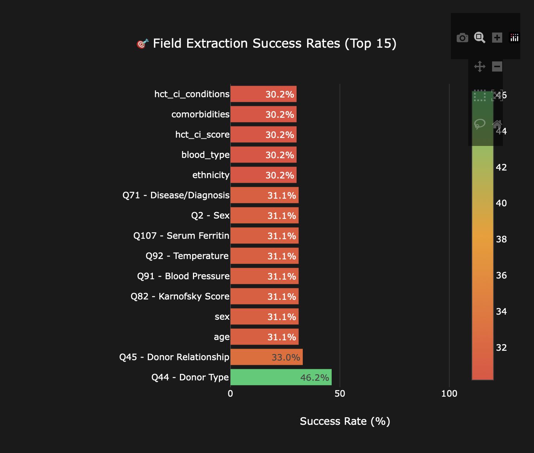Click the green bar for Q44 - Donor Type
point(281,377)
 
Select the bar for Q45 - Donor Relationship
point(266,357)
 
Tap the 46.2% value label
point(314,378)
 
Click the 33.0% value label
point(285,358)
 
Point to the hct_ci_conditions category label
point(191,94)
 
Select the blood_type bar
point(263,155)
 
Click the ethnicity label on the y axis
point(211,175)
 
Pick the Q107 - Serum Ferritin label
point(181,236)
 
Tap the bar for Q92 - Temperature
point(264,256)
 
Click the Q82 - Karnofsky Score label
point(180,297)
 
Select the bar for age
point(264,337)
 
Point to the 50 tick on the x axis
point(340,394)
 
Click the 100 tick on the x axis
point(449,394)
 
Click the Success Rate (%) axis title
point(345,421)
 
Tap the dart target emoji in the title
point(142,44)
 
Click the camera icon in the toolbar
point(462,38)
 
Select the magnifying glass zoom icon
point(479,38)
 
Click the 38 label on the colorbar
point(501,239)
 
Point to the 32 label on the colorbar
point(501,348)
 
